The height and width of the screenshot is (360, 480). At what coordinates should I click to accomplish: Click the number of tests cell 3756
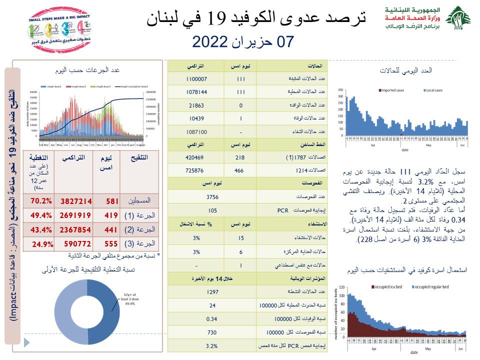point(213,196)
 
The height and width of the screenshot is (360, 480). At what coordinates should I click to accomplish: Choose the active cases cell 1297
point(213,291)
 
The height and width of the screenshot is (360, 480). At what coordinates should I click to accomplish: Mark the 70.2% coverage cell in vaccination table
point(41,201)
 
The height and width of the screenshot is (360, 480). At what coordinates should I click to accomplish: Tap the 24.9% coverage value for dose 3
point(42,244)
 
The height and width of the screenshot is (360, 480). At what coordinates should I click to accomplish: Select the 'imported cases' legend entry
point(392,90)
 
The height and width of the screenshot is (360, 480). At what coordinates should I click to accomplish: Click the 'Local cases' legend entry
point(432,90)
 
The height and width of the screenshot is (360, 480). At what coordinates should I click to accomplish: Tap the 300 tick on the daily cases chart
point(340,96)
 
